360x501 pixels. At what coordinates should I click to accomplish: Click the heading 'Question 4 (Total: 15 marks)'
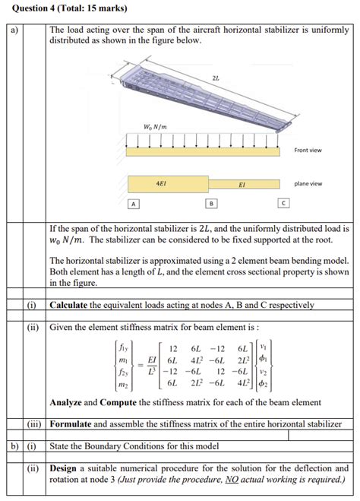[62, 8]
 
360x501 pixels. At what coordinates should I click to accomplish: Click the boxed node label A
[134, 204]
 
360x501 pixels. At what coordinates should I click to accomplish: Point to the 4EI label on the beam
[162, 183]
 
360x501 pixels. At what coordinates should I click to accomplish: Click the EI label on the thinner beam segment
[242, 184]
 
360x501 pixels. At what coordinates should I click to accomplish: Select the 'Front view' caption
[308, 150]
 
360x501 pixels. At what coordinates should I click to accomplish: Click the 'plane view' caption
[308, 183]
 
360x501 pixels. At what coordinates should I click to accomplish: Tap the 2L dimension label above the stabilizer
[216, 78]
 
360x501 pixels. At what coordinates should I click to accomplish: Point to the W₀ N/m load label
[155, 126]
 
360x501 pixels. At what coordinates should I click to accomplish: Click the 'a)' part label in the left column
[14, 31]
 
